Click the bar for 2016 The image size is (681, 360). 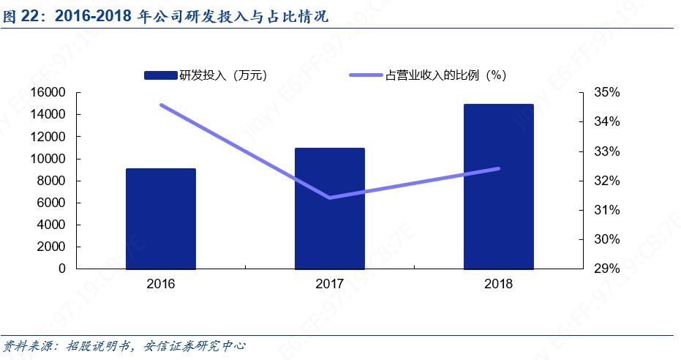[160, 219]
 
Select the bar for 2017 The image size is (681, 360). [329, 209]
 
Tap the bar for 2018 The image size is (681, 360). [498, 187]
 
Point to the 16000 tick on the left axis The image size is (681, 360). [49, 93]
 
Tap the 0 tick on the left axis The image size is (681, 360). [62, 269]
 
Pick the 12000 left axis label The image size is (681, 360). [49, 137]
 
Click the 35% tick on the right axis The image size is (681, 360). [608, 93]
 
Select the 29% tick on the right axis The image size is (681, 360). [608, 269]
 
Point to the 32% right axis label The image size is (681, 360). [608, 181]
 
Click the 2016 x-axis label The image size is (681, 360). [160, 284]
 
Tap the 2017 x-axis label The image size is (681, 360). [329, 284]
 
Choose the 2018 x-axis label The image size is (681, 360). [498, 284]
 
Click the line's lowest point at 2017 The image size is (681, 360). [329, 198]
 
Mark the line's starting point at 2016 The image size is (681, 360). [161, 105]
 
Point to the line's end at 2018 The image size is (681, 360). [498, 168]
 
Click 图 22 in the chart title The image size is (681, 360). [20, 17]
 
